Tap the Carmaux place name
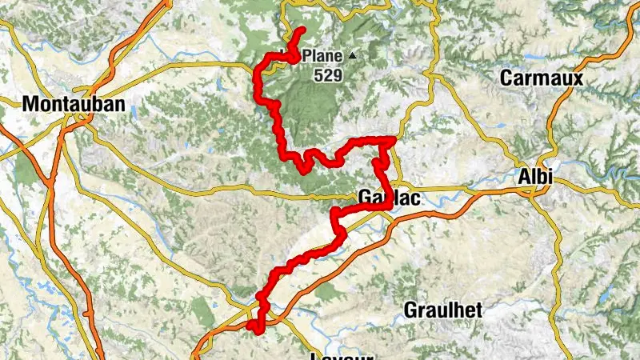pyautogui.click(x=542, y=78)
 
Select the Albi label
pyautogui.click(x=535, y=178)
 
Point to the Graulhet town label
pyautogui.click(x=443, y=310)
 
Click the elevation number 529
pyautogui.click(x=329, y=76)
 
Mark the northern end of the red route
pyautogui.click(x=303, y=30)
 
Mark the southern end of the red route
pyautogui.click(x=251, y=326)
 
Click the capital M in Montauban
pyautogui.click(x=30, y=104)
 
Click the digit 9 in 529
pyautogui.click(x=338, y=76)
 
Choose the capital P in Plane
pyautogui.click(x=309, y=57)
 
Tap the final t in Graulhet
pyautogui.click(x=479, y=310)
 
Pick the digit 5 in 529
pyautogui.click(x=319, y=76)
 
